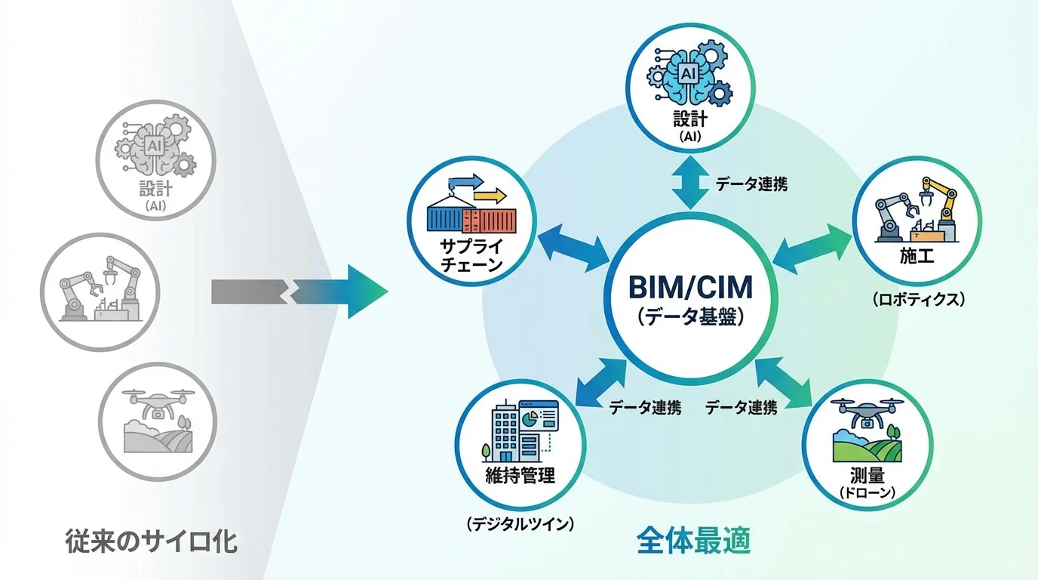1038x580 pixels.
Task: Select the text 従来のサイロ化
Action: [x=150, y=541]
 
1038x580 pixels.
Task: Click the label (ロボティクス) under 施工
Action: [x=918, y=299]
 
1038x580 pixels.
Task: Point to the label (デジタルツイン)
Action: [x=520, y=522]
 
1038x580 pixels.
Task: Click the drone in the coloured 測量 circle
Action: [x=867, y=412]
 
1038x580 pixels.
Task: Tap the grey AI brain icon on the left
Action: [x=157, y=147]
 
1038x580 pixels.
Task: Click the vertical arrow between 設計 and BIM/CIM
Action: [x=692, y=184]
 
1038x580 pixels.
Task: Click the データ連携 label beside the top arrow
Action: [x=751, y=184]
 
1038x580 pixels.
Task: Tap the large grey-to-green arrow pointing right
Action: [x=302, y=291]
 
